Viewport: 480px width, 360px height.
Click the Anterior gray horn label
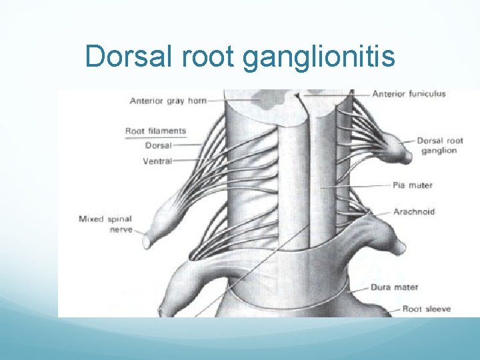168,101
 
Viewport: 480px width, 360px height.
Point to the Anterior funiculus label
409,94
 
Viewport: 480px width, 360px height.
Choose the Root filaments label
155,131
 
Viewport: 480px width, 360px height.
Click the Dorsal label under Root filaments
157,145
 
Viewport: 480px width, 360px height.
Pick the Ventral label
157,161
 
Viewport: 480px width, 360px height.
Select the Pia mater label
413,185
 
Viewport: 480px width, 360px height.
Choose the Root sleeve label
427,309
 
